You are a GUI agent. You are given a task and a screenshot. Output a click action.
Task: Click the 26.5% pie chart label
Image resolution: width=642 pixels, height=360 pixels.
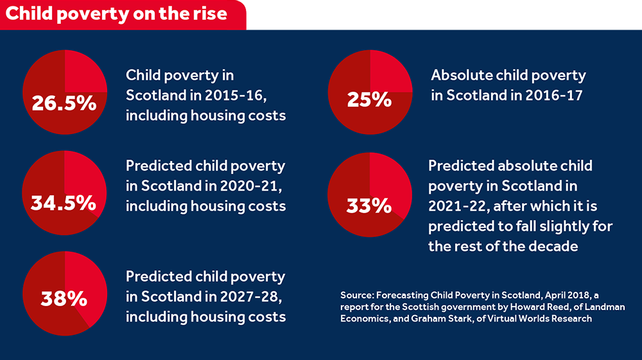click(64, 103)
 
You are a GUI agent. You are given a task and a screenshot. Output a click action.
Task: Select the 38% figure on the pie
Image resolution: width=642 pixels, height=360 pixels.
click(64, 298)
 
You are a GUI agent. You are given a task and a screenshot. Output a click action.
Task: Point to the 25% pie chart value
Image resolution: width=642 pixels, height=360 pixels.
click(369, 100)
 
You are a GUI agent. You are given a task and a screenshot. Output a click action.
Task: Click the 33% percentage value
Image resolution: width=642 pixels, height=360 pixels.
click(369, 206)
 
